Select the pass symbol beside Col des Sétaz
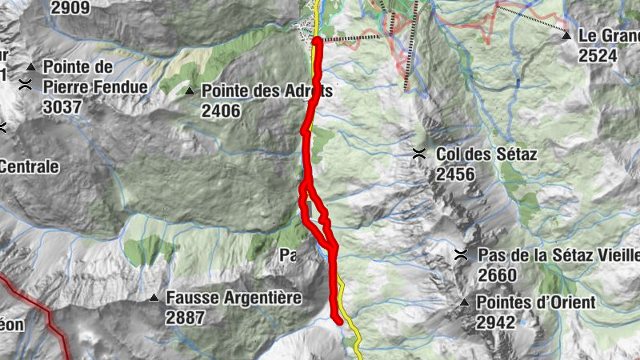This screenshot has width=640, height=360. tap(418, 154)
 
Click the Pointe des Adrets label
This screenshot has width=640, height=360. tap(266, 91)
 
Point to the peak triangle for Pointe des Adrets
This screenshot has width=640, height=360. tap(190, 91)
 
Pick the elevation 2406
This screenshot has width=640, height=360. tap(221, 111)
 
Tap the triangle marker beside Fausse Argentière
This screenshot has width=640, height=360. tap(154, 298)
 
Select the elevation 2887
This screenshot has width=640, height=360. tap(186, 318)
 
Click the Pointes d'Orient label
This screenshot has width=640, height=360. tap(535, 302)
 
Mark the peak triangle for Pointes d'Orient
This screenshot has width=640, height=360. tap(464, 302)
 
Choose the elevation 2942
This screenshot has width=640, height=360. tap(496, 322)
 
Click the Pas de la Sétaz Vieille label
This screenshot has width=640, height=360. tap(558, 255)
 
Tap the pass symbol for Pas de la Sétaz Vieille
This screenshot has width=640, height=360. tap(461, 255)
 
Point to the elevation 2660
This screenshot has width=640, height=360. tap(497, 274)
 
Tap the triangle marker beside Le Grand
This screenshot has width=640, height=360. tap(566, 36)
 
